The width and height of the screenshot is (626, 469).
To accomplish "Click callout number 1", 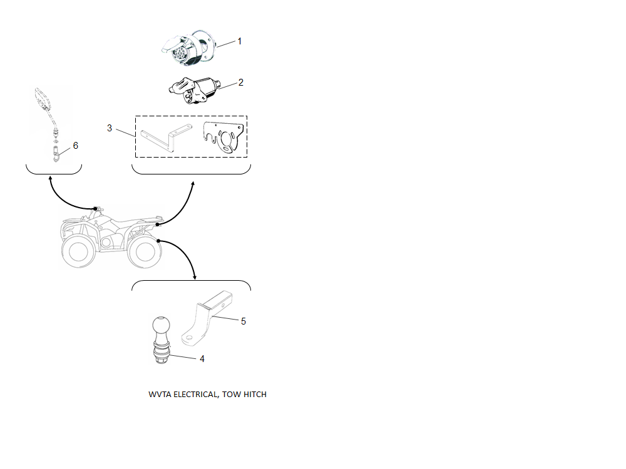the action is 240,41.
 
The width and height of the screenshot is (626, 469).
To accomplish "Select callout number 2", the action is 241,82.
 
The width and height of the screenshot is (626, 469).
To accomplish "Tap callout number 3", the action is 110,128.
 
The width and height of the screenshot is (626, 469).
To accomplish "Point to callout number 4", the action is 202,359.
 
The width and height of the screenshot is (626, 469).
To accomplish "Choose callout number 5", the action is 244,321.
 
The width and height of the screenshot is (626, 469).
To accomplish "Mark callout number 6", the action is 76,146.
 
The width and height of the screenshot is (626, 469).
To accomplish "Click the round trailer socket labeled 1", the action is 188,48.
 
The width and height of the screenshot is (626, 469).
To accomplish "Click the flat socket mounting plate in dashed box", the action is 223,138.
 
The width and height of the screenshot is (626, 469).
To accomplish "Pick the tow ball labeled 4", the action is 162,340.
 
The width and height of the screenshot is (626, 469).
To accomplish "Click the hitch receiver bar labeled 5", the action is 207,318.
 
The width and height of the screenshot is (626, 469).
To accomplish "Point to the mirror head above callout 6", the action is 43,99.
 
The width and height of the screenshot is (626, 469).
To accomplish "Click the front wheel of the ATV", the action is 80,250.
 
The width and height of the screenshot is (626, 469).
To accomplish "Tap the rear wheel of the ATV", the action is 144,251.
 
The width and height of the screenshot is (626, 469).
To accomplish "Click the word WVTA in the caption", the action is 160,395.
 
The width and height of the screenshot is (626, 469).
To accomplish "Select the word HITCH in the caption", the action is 255,395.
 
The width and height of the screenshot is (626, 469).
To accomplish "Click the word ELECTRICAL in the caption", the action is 195,395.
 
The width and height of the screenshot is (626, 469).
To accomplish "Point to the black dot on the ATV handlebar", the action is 95,209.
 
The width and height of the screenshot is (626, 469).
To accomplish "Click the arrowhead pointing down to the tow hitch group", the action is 195,277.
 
